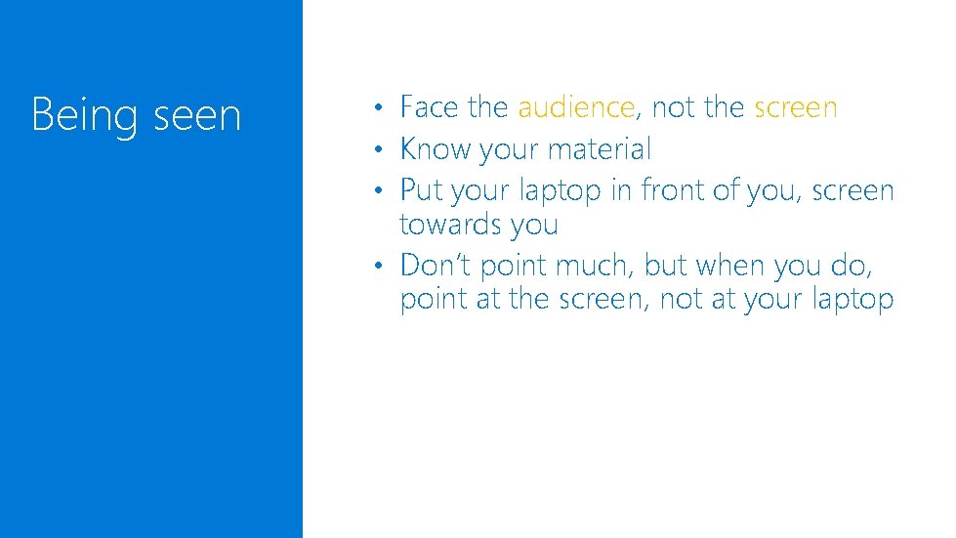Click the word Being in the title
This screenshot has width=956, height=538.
85,116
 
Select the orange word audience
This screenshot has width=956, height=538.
576,107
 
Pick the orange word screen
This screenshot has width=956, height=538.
796,107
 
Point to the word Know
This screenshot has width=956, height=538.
436,149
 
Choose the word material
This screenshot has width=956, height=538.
600,149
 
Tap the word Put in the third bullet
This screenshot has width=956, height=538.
422,190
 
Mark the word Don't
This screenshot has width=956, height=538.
436,265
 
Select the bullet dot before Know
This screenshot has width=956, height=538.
385,150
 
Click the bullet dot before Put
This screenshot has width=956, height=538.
385,191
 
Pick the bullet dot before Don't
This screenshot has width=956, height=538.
385,266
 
